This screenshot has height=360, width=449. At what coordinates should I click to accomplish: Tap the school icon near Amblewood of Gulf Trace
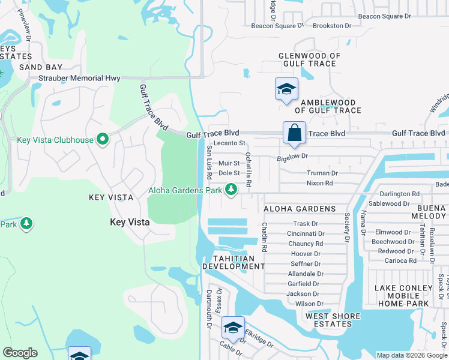click(x=286, y=90)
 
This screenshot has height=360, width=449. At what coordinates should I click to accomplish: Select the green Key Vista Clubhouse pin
click(x=103, y=140)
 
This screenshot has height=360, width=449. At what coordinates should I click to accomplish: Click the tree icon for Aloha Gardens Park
click(x=231, y=190)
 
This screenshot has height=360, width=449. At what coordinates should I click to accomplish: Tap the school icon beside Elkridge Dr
click(x=233, y=328)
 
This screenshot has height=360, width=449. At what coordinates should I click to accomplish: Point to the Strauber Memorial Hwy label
click(x=79, y=79)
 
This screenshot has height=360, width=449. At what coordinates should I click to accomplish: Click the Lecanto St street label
click(x=230, y=143)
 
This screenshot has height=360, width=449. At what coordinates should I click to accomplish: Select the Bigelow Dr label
click(x=292, y=156)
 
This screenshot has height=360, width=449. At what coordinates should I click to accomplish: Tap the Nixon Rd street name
click(x=319, y=183)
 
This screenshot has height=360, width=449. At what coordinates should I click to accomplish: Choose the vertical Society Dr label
click(x=346, y=227)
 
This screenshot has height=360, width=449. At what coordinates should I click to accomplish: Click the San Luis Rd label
click(x=209, y=163)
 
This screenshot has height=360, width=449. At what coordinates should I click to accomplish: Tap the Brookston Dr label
click(x=332, y=26)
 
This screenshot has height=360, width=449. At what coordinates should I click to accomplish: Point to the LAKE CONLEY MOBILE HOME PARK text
click(x=403, y=296)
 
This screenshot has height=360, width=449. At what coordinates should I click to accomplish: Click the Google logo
click(x=20, y=353)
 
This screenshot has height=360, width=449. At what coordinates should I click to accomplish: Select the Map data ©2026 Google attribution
click(x=411, y=355)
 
